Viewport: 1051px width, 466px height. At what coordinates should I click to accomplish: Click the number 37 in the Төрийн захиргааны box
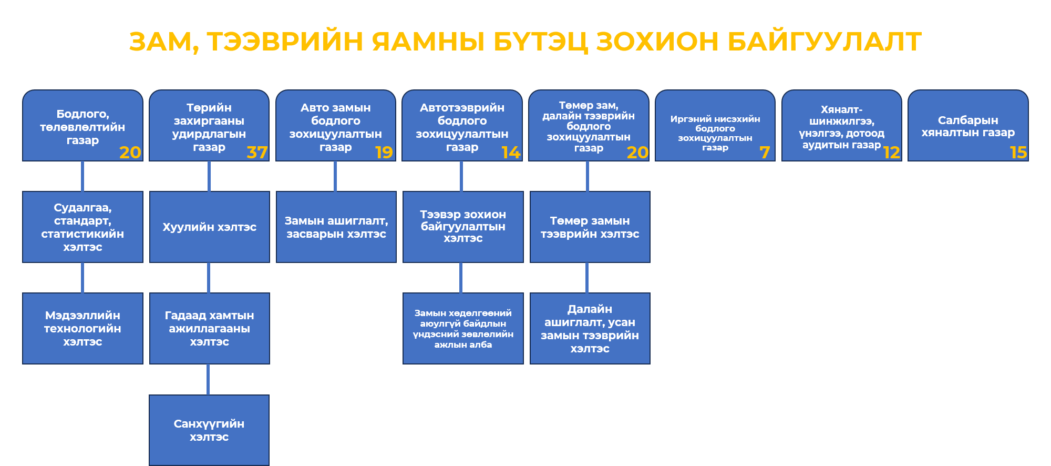point(257,153)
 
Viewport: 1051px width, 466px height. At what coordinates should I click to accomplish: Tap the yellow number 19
point(384,153)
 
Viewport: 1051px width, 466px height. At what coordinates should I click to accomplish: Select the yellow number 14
point(511,153)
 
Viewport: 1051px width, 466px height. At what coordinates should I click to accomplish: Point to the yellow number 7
point(765,153)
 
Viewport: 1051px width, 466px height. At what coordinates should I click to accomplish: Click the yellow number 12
point(891,153)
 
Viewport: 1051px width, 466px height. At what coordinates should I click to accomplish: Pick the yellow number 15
point(1018,153)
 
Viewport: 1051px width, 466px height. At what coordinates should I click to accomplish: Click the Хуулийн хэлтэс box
point(210,227)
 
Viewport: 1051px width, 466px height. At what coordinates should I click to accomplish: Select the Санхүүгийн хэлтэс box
point(209,430)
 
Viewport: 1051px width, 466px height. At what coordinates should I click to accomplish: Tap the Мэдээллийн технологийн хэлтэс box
point(83,328)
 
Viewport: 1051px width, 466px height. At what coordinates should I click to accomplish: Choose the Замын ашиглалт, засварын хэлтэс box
point(336,227)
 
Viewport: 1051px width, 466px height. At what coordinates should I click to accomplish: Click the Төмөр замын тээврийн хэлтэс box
point(590,227)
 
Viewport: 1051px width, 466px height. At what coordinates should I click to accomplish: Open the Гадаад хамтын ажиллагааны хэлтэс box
point(210,328)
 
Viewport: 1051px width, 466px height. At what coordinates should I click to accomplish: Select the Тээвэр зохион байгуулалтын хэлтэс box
point(463,227)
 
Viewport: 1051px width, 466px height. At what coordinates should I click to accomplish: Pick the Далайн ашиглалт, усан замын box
point(590,328)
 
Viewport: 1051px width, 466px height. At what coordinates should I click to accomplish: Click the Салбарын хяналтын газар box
point(968,126)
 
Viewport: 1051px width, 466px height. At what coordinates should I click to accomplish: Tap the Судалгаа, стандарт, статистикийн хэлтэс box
point(83,227)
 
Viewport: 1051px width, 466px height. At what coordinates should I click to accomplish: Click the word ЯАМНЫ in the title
point(428,42)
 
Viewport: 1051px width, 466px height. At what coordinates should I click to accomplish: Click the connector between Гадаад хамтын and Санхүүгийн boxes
point(209,379)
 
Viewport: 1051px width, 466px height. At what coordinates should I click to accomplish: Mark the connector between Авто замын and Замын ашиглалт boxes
point(335,176)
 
